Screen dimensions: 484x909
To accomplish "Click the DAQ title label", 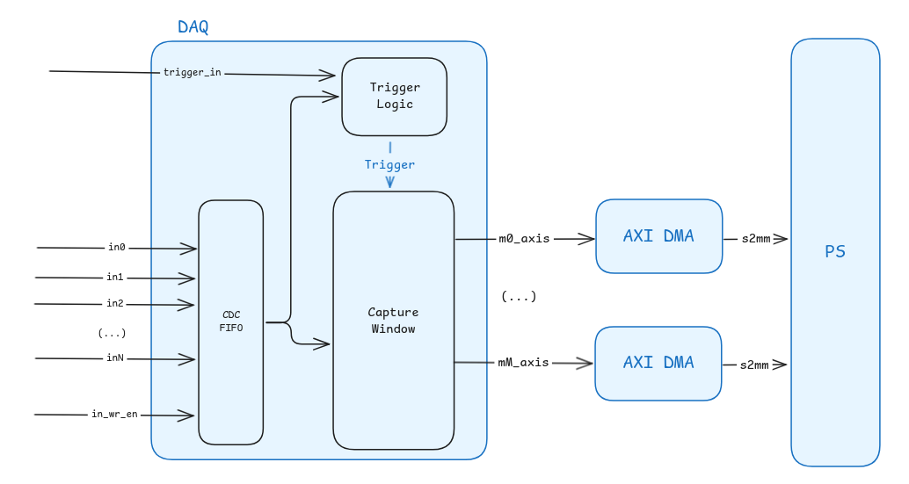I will coord(193,27).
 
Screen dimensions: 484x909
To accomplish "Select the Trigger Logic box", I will coord(394,96).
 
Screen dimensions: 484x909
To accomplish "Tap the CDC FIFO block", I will coord(230,321).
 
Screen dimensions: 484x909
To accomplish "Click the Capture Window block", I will coord(393,321).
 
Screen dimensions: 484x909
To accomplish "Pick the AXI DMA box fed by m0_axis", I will coord(658,236).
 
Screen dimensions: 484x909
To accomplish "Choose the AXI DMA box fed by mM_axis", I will coord(658,363).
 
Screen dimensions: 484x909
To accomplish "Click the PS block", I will coord(834,252).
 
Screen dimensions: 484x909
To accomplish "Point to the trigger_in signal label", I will coord(192,72).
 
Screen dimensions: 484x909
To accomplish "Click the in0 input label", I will coord(117,248).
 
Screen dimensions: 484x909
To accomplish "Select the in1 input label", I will coord(115,278).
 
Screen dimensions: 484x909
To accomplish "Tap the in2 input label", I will coord(115,304).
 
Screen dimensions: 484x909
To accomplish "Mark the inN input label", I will coord(115,358).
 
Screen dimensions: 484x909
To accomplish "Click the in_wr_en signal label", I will coord(114,414).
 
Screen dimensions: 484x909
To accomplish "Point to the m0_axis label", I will coord(524,238).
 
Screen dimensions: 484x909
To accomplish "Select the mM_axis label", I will coord(523,362).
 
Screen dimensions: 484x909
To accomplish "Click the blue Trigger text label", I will coord(389,164).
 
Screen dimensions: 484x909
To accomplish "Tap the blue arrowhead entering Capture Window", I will coord(389,183).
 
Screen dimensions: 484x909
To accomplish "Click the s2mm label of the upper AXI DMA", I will coord(754,238).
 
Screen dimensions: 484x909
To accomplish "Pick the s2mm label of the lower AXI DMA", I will coord(754,365).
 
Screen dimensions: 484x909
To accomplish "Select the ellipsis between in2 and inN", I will coord(112,333).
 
